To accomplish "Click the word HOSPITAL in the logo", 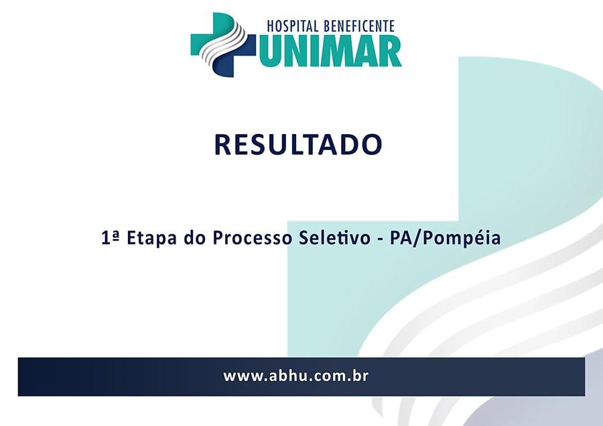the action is (293, 26).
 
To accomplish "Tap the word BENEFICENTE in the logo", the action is (360, 26).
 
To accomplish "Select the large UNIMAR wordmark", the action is (330, 51).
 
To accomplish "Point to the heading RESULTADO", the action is (298, 145).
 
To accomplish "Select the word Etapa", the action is (152, 238).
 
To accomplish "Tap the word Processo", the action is (253, 238).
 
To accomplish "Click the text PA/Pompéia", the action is (446, 238).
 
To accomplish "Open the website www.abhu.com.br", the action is (295, 376).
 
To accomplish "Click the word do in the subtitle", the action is (196, 238).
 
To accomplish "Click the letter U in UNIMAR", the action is (267, 52).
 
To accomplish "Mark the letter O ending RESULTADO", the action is (371, 145).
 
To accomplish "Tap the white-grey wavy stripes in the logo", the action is (225, 42).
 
